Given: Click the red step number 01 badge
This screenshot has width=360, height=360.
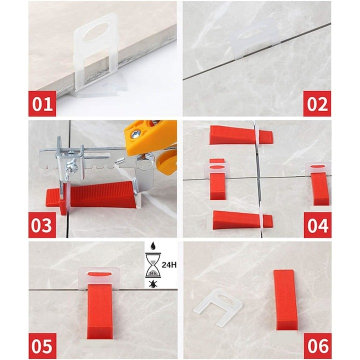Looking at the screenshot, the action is (42, 103).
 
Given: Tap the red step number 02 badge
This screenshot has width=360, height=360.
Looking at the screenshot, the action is (317, 103).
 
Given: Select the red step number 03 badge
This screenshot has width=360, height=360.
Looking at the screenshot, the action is (42, 225).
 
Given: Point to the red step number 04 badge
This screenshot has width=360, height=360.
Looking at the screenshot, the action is (317, 225).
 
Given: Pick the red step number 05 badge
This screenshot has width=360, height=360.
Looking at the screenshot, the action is (42, 346).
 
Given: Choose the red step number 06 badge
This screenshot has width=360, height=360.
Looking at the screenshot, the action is (318, 346).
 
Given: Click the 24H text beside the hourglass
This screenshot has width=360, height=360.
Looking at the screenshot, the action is (169, 264).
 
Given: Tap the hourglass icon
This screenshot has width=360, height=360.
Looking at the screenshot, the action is (153, 265).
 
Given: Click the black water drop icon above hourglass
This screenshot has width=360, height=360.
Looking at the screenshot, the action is (152, 246).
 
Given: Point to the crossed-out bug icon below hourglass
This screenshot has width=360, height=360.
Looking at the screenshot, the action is (152, 284).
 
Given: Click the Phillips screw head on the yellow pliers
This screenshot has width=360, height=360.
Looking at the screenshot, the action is (135, 135).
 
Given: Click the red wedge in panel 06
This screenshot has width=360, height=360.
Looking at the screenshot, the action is (285, 300).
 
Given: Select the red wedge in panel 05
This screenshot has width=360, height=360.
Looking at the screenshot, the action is (99, 311).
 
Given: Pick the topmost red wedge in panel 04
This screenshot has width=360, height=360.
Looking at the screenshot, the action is (241, 135).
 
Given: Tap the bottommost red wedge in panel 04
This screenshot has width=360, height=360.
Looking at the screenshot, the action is (242, 220).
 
